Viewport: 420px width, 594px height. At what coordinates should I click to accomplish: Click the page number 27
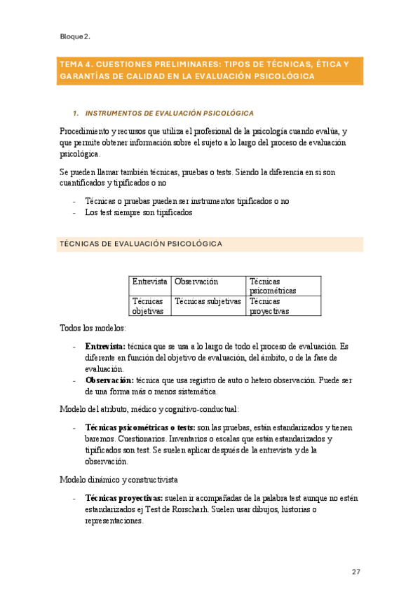356,572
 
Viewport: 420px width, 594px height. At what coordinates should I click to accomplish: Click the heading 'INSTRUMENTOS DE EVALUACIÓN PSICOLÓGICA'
169,113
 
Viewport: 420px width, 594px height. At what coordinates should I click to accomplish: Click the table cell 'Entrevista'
149,282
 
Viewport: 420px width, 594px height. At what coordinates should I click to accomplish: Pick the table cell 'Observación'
196,282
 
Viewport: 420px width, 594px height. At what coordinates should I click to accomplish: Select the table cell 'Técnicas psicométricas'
273,286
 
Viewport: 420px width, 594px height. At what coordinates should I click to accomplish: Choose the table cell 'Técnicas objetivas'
148,305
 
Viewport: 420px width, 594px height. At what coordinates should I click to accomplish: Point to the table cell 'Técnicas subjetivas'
208,301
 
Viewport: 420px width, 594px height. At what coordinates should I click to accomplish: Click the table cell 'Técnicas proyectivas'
269,305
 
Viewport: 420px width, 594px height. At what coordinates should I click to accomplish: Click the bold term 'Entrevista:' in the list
104,347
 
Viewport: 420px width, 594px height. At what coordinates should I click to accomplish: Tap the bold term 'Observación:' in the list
109,380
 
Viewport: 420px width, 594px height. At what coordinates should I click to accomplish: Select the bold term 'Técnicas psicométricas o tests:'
140,428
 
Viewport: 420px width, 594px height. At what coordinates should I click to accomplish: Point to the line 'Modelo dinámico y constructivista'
118,480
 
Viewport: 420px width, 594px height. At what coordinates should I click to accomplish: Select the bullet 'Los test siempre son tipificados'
138,212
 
